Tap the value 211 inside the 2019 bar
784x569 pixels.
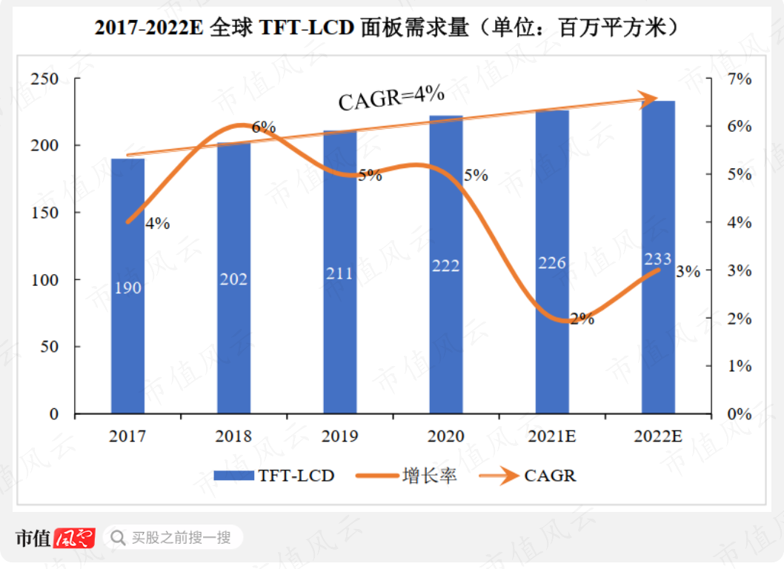[x=339, y=273]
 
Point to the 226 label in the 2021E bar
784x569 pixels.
[x=551, y=262]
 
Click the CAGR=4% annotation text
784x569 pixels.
[x=391, y=97]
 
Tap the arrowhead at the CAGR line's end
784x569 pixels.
[x=649, y=99]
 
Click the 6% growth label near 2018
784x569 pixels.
[x=263, y=127]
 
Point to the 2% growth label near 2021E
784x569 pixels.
[x=582, y=319]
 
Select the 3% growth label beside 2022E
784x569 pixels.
[x=688, y=271]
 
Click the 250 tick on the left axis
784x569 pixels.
[x=44, y=79]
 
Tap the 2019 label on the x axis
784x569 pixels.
[x=339, y=436]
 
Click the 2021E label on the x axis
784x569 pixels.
[x=551, y=436]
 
